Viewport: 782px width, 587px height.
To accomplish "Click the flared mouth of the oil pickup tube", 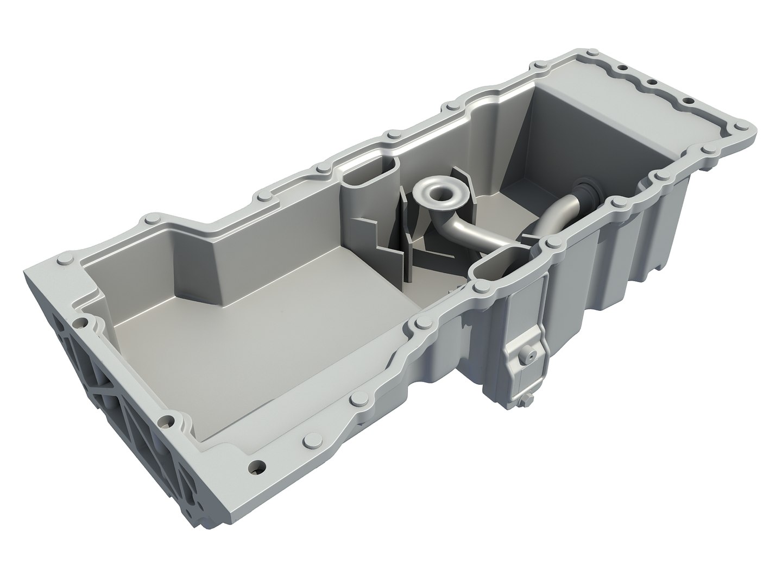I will (x=439, y=191).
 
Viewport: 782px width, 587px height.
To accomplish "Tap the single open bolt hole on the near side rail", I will (x=257, y=466).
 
